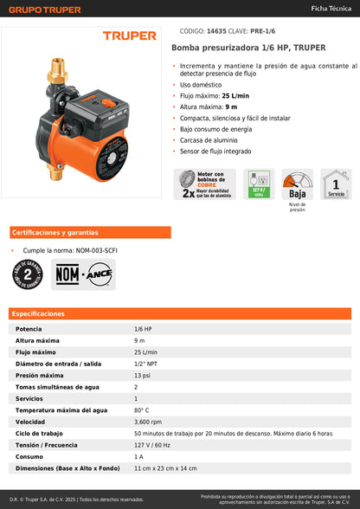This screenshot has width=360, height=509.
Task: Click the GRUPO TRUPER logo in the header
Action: tap(45, 10)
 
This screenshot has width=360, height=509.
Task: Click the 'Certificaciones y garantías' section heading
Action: tap(55, 233)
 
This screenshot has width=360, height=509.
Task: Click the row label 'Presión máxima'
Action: tap(40, 376)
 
